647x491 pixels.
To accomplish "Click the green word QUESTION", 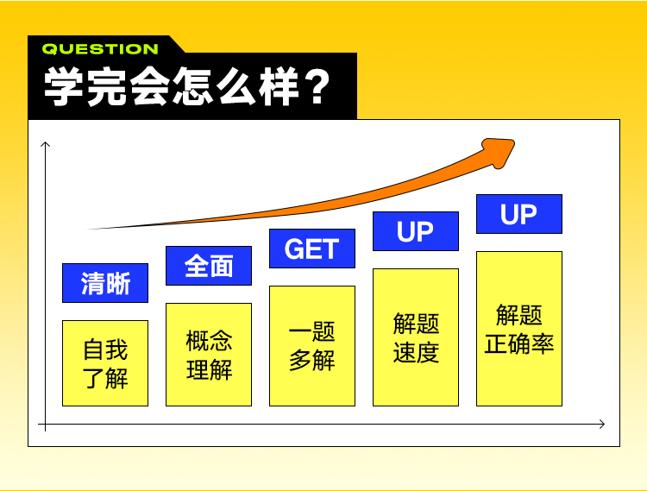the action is click(100, 49).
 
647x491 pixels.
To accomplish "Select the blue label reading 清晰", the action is click(105, 283).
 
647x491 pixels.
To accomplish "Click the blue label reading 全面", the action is click(209, 266).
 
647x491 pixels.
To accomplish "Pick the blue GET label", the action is click(312, 249).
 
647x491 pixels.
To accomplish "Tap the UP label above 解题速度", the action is click(416, 231).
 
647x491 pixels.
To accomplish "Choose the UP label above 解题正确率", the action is click(519, 214).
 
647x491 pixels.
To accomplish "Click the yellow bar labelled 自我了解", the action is click(105, 363).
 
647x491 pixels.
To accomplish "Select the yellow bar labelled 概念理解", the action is click(209, 355).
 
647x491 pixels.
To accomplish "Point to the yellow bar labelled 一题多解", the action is click(312, 346).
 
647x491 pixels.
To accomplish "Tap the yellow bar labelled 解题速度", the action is click(416, 337).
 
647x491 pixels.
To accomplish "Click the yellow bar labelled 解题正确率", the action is click(519, 329).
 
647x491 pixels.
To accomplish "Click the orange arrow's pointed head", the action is click(513, 142).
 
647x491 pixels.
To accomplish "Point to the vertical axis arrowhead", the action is click(46, 142).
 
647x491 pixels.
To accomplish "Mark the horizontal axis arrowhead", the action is click(604, 425).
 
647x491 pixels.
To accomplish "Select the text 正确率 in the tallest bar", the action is click(519, 344).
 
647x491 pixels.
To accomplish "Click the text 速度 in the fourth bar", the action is click(416, 352).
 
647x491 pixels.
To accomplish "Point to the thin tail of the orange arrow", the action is click(89, 229).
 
